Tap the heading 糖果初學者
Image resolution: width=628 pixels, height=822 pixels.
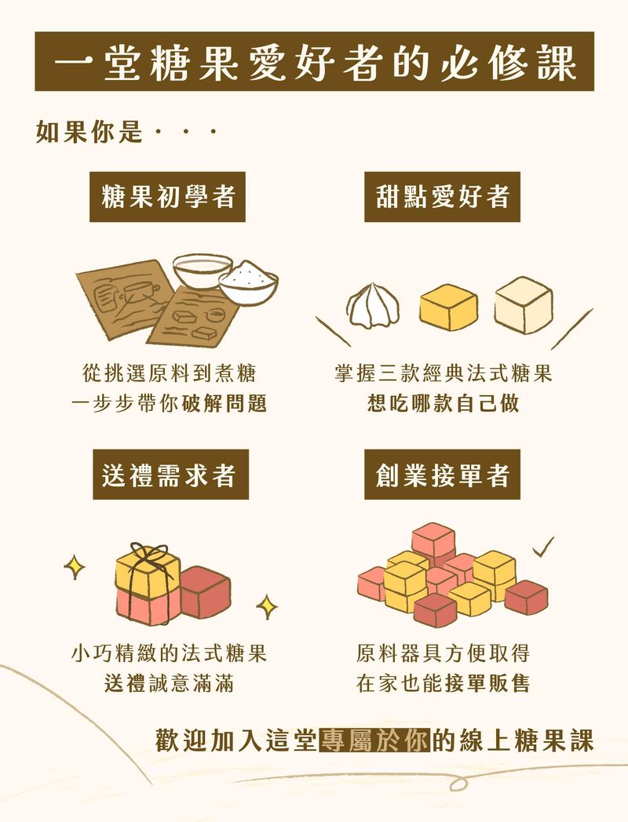169,196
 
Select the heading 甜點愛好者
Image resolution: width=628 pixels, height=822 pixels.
442,196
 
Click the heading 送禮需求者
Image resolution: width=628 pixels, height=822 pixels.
169,475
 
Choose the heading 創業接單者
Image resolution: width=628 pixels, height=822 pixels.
442,475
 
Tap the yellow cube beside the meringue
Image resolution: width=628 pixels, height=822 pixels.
448,307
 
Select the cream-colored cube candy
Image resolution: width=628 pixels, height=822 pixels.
524,304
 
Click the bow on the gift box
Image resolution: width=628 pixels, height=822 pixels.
149,557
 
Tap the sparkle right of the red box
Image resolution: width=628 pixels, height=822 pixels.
267,606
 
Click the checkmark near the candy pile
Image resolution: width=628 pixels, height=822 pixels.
542,546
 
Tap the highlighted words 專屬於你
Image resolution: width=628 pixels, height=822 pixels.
374,741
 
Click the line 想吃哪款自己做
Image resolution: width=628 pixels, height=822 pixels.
443,403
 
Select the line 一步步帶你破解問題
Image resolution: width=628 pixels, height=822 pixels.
169,403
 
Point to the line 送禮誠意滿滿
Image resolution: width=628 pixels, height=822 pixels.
169,682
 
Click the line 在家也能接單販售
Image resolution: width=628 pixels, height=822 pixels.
443,682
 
